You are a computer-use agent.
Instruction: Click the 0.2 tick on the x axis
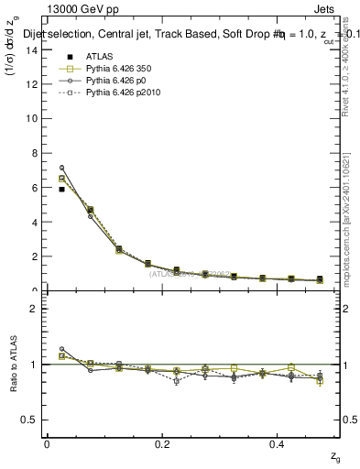tap(163, 443)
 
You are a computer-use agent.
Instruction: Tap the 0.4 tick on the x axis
tap(279, 443)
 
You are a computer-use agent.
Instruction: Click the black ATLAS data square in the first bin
tap(61, 189)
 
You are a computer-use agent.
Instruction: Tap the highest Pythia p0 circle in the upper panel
tap(61, 168)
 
